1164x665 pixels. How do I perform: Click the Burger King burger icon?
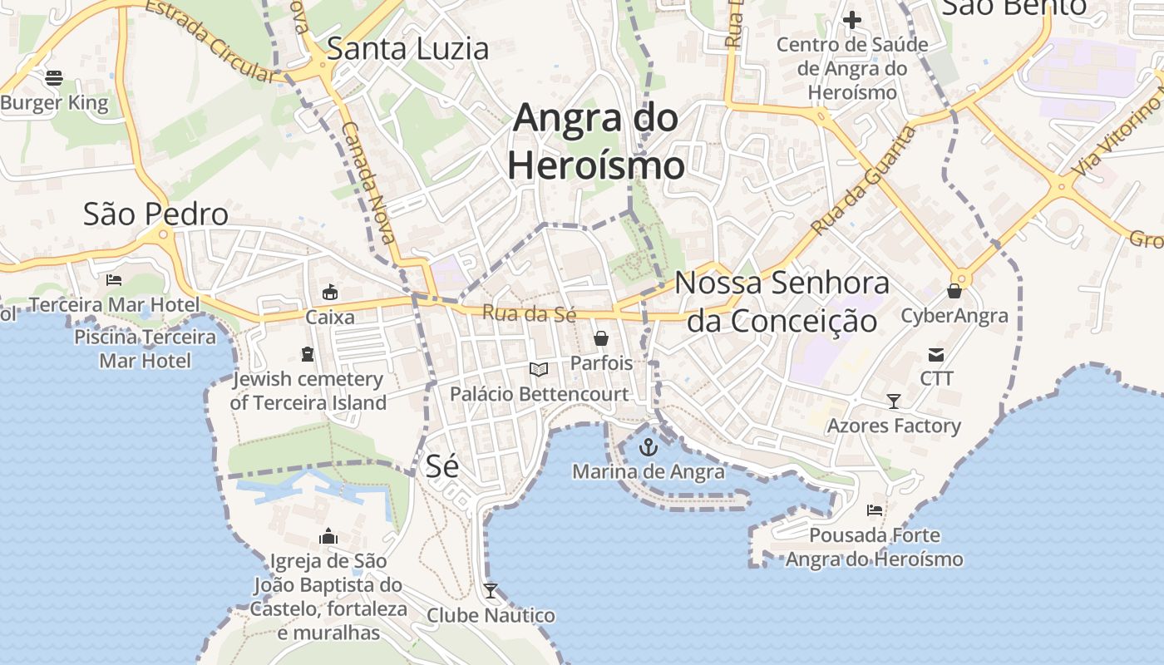[x=54, y=78]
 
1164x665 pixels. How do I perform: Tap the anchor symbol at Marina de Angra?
[x=648, y=448]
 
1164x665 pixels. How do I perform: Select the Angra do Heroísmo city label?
[x=596, y=141]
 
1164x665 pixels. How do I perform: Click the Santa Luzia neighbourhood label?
[x=407, y=48]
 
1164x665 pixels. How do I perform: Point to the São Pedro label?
[x=155, y=214]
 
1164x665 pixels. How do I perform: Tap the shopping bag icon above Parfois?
[x=600, y=338]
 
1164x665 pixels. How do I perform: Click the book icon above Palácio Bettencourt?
[x=539, y=369]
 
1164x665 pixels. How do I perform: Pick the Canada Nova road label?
[x=368, y=183]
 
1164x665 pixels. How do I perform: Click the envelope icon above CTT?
[x=936, y=355]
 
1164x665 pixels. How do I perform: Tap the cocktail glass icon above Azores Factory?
[x=894, y=401]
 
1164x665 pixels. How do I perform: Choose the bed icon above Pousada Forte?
[x=874, y=510]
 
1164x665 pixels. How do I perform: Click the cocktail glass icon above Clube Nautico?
[x=491, y=591]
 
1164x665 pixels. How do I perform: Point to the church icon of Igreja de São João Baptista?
[x=328, y=536]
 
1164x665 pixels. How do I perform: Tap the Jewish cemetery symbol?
[x=308, y=354]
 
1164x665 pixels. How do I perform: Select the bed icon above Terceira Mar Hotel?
[x=114, y=280]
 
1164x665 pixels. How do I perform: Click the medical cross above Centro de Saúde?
[x=852, y=20]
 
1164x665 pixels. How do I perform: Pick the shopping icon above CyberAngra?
[x=954, y=291]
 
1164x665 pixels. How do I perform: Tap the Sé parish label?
[x=441, y=465]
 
